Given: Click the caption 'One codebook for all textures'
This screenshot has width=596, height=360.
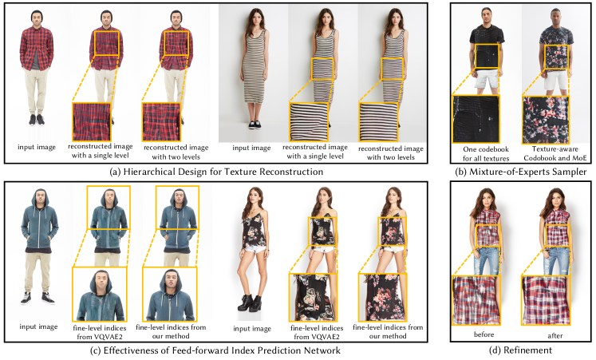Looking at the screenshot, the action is (486, 153).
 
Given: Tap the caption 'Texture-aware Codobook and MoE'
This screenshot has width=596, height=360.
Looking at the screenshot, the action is (555, 153).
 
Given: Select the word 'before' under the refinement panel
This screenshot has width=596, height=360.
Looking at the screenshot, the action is (484, 334).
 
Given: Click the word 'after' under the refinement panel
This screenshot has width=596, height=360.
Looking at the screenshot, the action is (555, 335).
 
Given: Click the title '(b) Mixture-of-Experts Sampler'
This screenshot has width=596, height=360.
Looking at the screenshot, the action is (521, 172).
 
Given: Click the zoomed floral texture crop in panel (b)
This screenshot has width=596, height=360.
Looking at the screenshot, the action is (546, 120).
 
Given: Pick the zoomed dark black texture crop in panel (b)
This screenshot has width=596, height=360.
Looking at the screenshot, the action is (476, 119).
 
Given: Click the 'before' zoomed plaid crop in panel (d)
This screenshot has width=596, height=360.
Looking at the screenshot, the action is (475, 300).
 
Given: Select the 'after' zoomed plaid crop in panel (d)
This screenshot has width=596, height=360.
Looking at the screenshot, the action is (546, 300).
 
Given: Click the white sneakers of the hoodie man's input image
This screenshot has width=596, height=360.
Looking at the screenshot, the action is (37, 298).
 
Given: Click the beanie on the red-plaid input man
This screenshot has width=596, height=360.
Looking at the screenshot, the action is (37, 14).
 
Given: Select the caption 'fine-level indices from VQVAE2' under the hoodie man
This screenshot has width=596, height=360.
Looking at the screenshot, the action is (100, 332).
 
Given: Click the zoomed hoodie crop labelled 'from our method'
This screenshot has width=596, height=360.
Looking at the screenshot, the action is (169, 294).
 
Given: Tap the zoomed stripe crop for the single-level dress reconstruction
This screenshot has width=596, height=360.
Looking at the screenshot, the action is (309, 121).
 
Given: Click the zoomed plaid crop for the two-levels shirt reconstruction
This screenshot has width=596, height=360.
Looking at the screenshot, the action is (161, 121).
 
